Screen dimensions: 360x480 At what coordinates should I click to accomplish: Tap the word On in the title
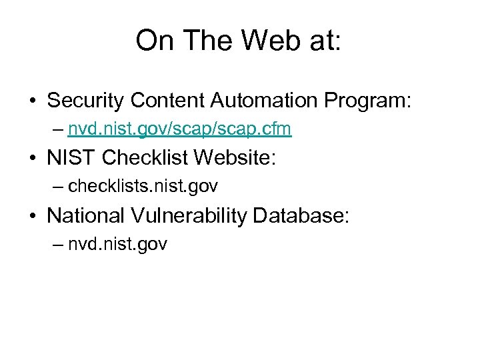[x=153, y=41]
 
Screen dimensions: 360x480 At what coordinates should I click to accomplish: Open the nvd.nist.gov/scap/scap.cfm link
[x=179, y=129]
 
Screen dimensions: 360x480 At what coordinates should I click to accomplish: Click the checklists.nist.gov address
[x=143, y=187]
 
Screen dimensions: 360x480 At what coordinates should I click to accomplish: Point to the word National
[x=86, y=215]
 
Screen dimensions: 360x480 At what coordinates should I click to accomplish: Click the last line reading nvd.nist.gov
[x=117, y=244]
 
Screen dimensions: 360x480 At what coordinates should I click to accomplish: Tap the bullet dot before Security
[x=32, y=101]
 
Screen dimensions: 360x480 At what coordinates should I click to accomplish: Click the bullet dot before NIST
[x=32, y=159]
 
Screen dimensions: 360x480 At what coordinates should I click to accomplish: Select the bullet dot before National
[x=32, y=217]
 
